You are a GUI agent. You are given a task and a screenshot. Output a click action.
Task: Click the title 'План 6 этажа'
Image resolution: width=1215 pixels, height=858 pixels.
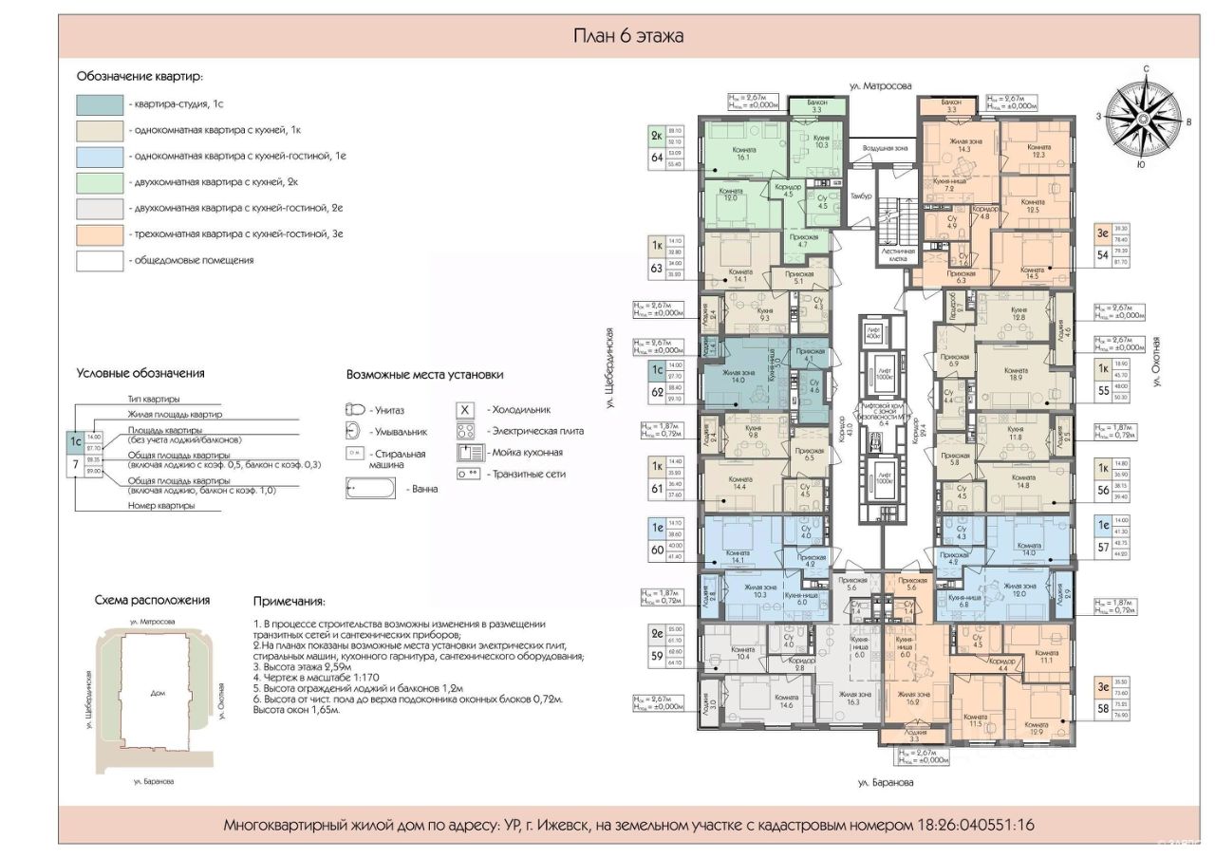pyautogui.click(x=628, y=36)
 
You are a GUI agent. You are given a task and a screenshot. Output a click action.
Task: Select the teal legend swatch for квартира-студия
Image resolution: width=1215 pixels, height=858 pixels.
pyautogui.click(x=100, y=104)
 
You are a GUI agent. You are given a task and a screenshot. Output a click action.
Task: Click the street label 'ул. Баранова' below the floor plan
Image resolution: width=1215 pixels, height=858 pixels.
pyautogui.click(x=886, y=783)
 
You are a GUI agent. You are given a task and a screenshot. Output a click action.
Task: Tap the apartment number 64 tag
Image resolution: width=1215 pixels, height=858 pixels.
pyautogui.click(x=656, y=158)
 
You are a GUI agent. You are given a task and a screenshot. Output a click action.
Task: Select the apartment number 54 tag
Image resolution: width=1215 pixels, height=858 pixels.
pyautogui.click(x=1103, y=255)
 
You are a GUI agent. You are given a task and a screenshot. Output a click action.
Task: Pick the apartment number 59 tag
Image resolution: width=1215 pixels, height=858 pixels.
pyautogui.click(x=656, y=654)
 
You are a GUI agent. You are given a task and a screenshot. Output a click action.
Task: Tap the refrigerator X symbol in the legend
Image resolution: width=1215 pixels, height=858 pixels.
pyautogui.click(x=465, y=410)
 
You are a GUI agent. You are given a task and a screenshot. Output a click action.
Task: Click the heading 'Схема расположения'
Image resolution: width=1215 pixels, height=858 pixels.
pyautogui.click(x=152, y=600)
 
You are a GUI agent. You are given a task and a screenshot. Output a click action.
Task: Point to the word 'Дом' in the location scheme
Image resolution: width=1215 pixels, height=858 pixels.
pyautogui.click(x=158, y=694)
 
